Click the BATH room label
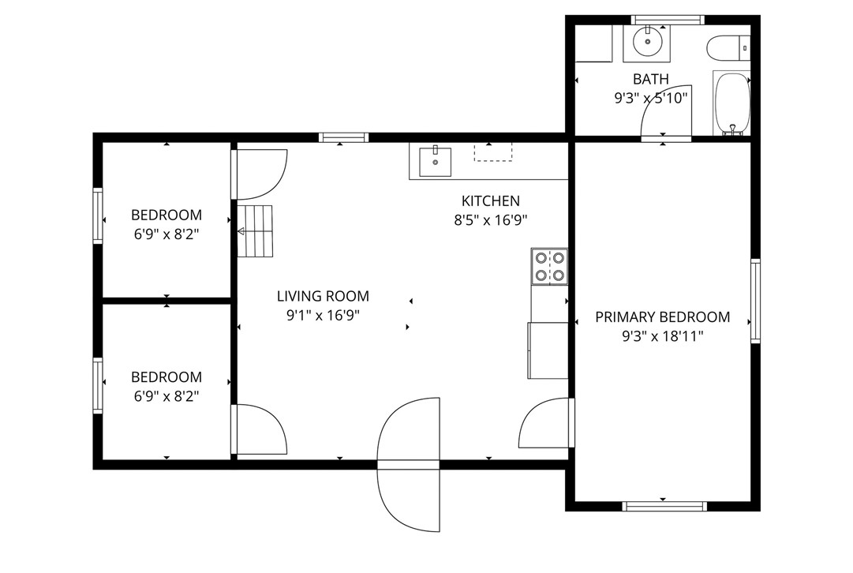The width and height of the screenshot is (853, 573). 651,79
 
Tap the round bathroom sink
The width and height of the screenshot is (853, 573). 647,43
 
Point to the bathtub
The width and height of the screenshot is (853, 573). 731,103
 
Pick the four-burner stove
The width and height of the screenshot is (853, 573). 549,266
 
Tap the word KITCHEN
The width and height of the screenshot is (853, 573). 490,201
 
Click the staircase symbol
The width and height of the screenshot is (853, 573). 256,231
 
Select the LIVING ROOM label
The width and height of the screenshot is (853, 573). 323,297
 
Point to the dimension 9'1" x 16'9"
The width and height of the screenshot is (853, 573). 323,316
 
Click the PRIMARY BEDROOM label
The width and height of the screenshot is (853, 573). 662,317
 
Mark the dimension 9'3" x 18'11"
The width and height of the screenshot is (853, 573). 662,336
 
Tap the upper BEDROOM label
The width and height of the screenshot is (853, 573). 166,215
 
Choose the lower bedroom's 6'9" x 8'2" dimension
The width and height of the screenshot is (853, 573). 166,396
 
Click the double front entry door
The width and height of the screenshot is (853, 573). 409,464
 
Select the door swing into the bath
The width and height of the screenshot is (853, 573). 668,114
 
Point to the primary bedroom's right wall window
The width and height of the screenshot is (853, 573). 755,301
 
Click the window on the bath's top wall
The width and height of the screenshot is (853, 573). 668,20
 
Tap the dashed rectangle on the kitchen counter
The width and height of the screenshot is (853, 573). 492,152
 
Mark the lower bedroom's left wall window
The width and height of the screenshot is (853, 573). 98,385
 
